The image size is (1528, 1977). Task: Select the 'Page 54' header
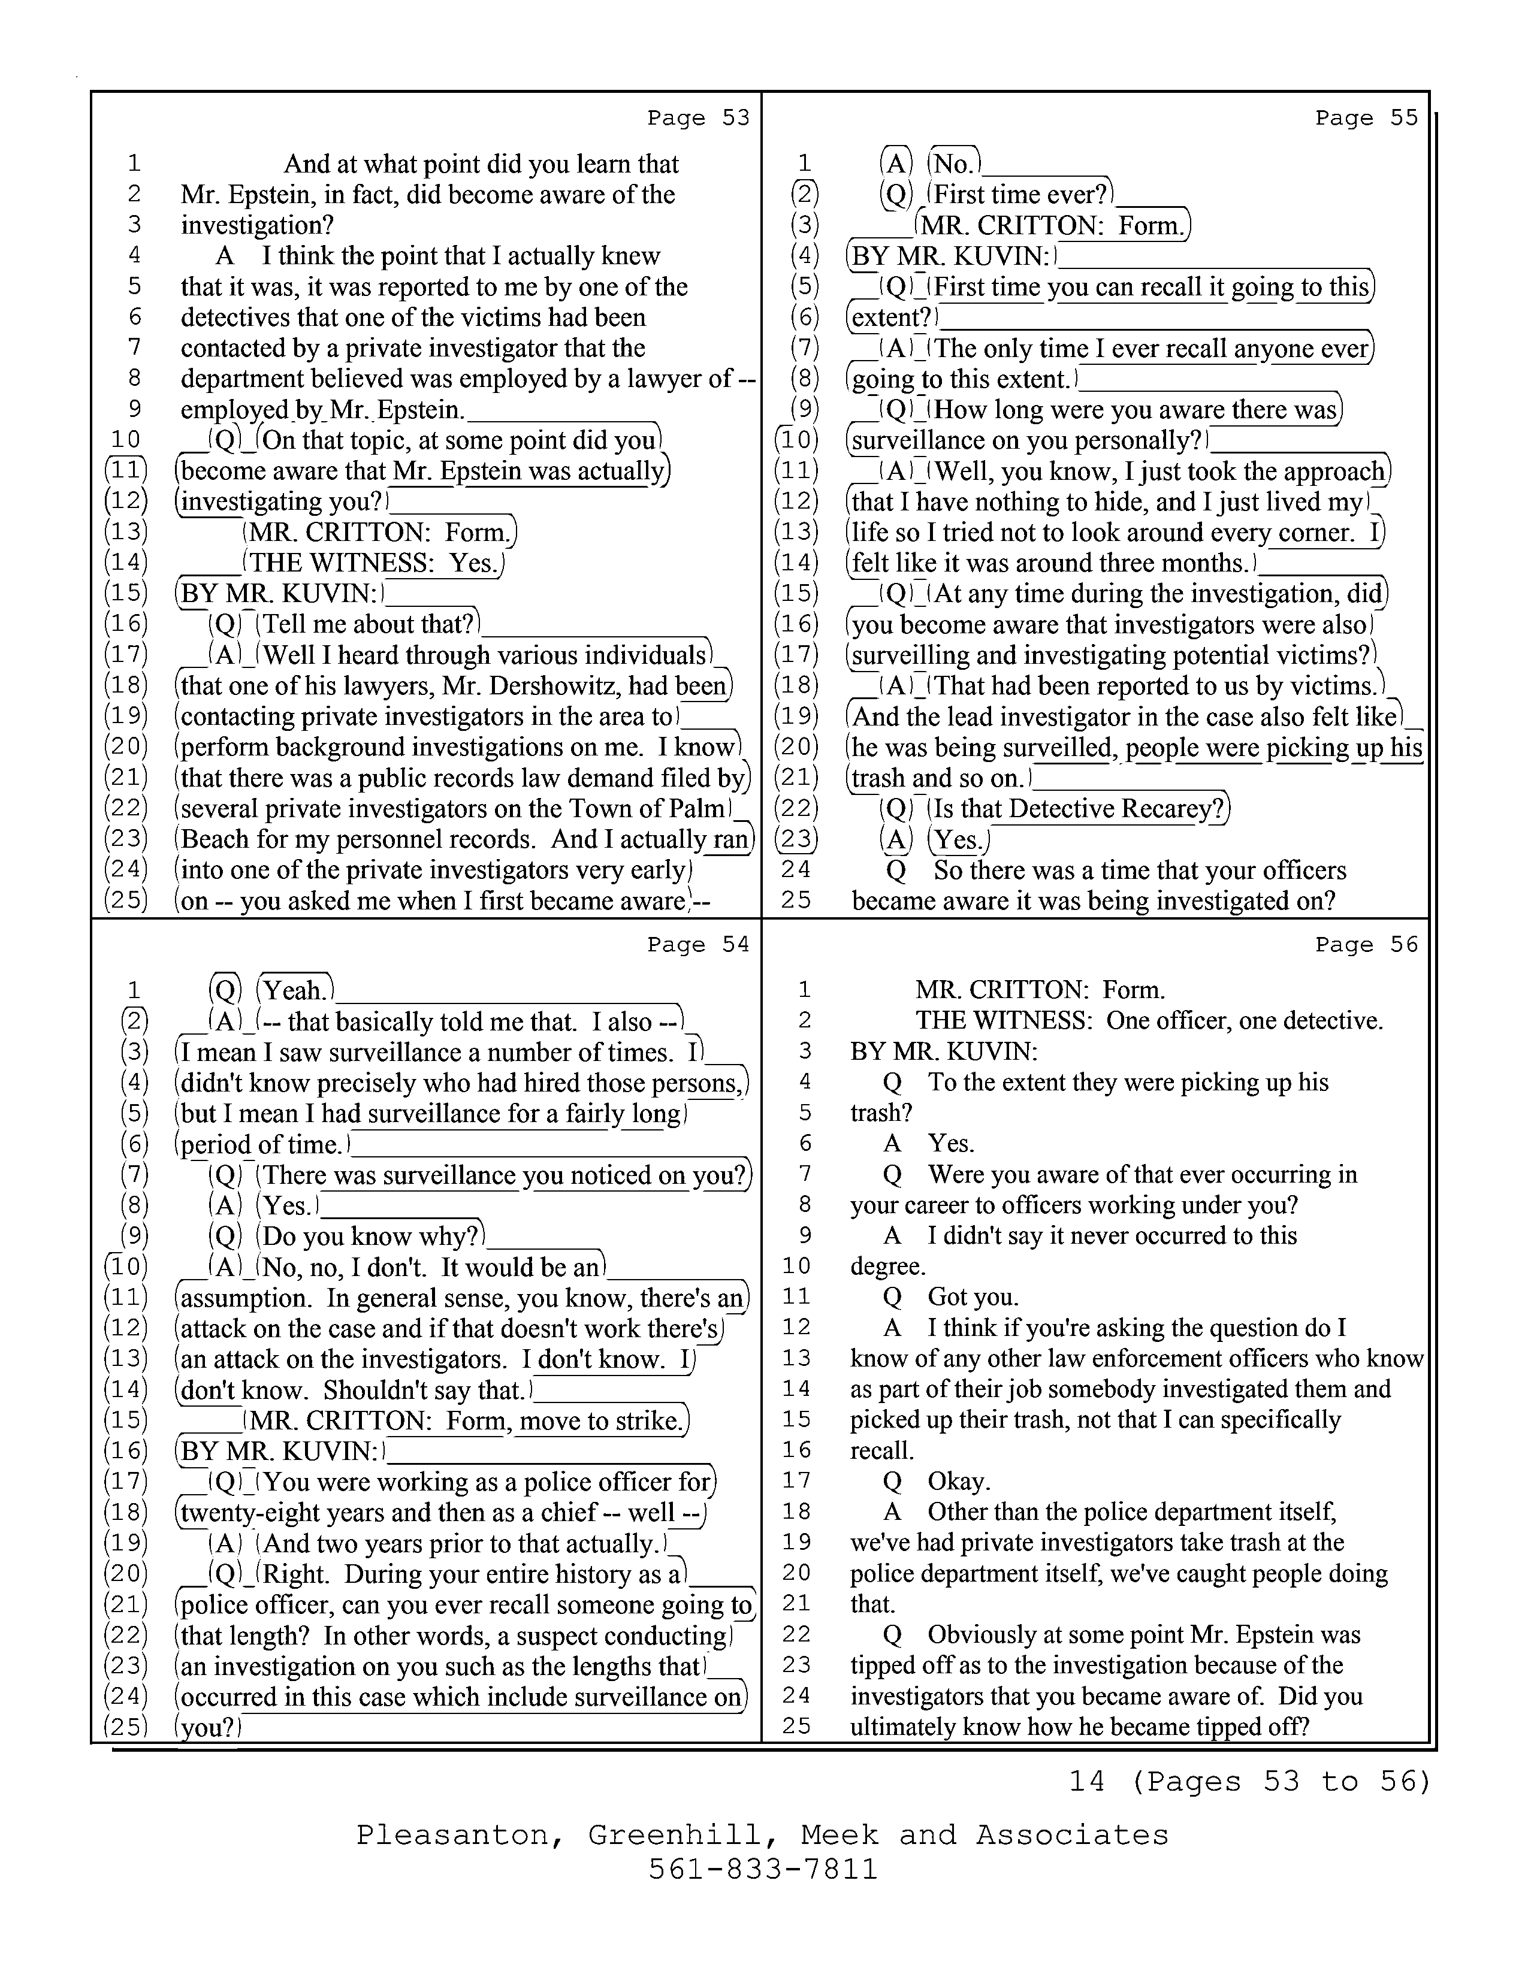[x=698, y=945]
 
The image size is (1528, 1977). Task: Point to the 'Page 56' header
[x=1366, y=945]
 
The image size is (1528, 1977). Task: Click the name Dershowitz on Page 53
[x=563, y=686]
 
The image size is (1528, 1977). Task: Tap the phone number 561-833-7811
[x=763, y=1869]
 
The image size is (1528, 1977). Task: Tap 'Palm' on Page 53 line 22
[x=700, y=808]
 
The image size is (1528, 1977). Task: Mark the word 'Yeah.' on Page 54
[x=294, y=990]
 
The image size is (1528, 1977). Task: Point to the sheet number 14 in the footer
[x=1086, y=1782]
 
